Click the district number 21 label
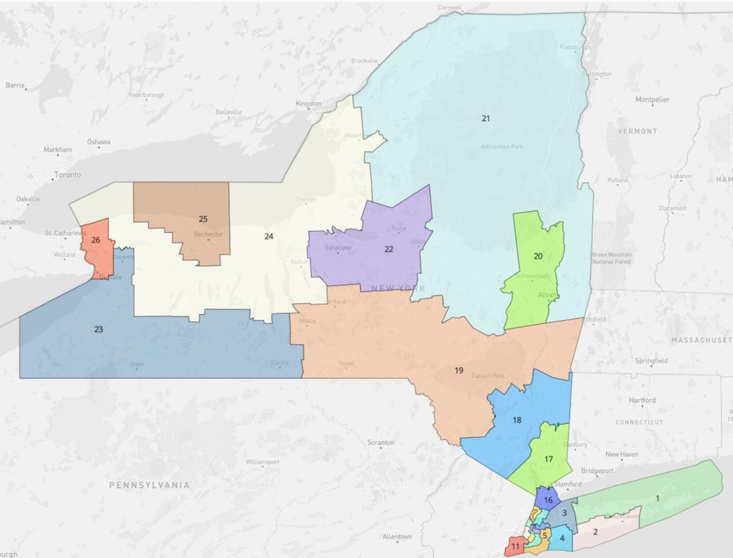486,119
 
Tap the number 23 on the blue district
98,329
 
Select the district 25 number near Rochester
203,219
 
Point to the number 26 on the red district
96,240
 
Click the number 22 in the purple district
388,249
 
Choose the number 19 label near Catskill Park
459,370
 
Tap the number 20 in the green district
538,256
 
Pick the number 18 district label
517,420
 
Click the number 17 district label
549,459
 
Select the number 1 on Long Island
657,498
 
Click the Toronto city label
67,175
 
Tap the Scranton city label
381,442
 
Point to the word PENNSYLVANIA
149,485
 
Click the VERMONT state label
637,131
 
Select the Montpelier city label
652,99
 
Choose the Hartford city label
642,400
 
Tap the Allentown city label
397,537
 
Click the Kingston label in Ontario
308,104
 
